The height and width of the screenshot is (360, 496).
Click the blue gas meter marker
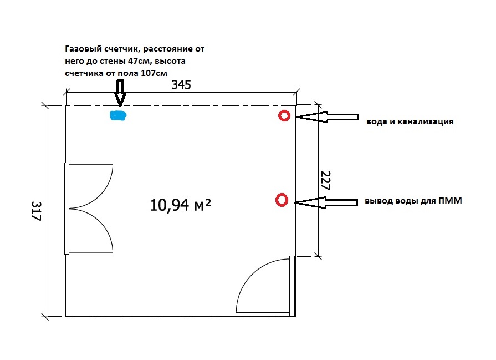tap(118, 115)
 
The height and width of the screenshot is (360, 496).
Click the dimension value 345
tap(181, 85)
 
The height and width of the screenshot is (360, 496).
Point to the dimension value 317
tap(37, 211)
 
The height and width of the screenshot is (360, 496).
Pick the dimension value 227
tap(326, 181)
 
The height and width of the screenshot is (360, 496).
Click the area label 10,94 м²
tap(180, 205)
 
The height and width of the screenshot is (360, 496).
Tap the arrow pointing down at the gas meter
tap(120, 93)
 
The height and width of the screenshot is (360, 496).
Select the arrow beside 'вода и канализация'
tap(327, 117)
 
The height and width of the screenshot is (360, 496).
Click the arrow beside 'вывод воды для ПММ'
tap(326, 202)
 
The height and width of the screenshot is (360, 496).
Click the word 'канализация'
tap(426, 121)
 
